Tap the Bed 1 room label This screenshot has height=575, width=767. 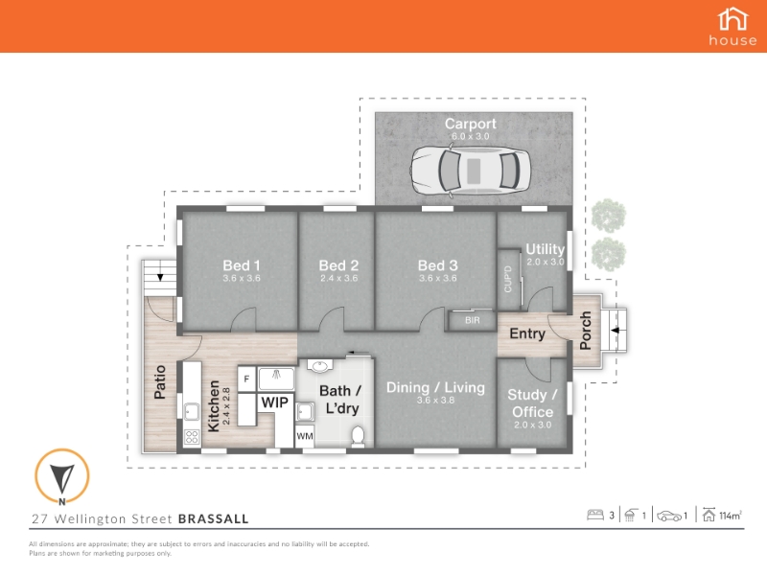tap(242, 265)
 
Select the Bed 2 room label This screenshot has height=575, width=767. tap(338, 265)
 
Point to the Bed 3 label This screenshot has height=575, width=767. tap(438, 265)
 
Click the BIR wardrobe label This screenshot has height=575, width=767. tap(473, 320)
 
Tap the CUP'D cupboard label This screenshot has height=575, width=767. tap(508, 279)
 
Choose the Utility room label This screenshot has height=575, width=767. tap(545, 249)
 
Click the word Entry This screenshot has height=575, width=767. tap(527, 333)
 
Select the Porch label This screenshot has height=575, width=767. tap(585, 331)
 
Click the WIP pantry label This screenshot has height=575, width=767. tap(275, 402)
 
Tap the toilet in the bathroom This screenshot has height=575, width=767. tap(358, 436)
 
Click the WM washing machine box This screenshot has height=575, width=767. tap(305, 436)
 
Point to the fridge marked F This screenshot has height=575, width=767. tap(247, 379)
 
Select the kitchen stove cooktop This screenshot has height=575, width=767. tap(192, 437)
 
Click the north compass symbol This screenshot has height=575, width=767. tap(62, 476)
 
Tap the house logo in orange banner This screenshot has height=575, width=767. tap(732, 27)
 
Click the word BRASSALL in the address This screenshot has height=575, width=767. tap(213, 518)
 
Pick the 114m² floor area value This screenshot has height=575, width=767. tap(731, 516)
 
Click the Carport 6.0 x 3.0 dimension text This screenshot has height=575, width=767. tap(470, 136)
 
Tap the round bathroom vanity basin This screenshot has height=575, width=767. tap(320, 366)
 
